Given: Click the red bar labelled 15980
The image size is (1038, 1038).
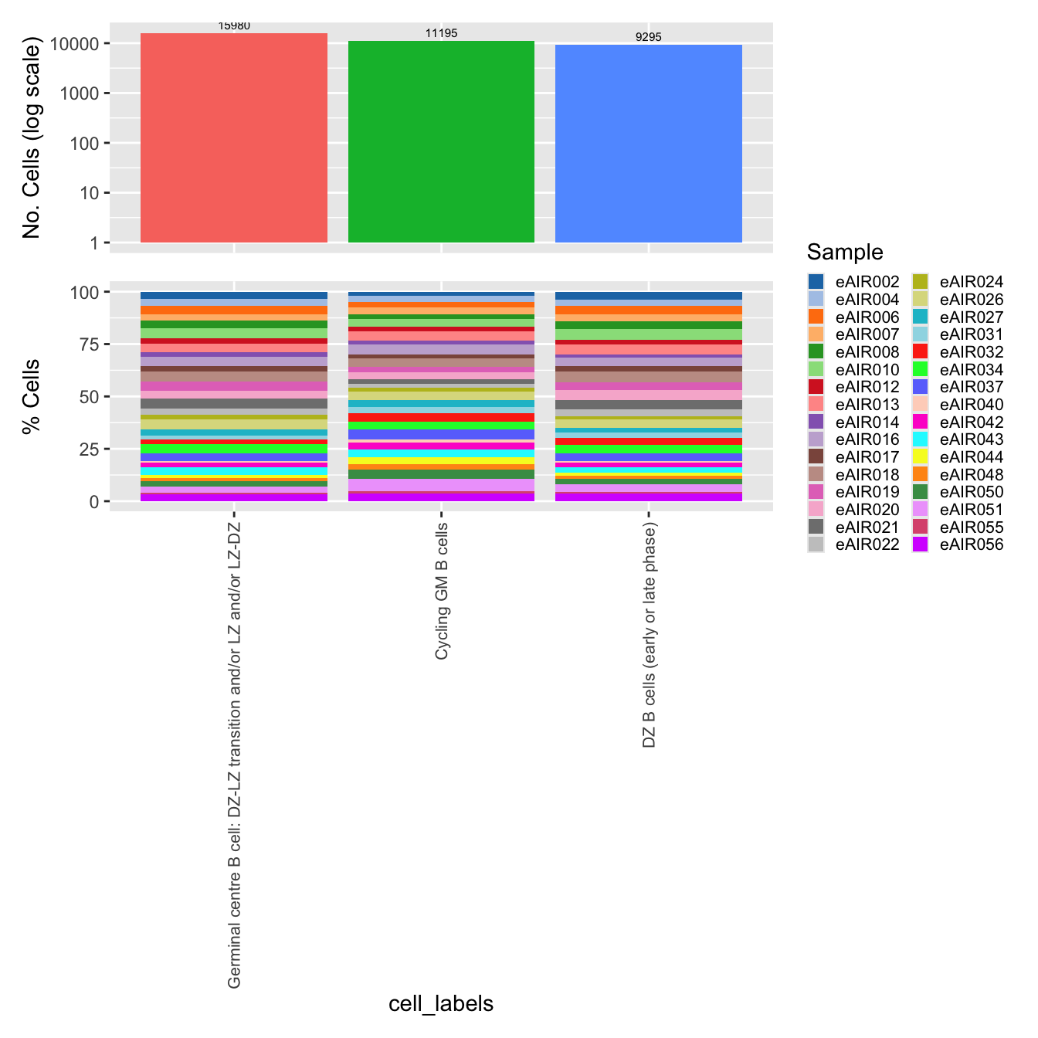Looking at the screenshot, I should [x=234, y=139].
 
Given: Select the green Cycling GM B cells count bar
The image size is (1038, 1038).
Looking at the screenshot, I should [x=441, y=143].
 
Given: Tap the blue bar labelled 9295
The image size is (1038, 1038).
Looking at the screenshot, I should [x=649, y=144].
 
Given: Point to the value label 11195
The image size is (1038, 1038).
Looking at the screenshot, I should [x=441, y=33].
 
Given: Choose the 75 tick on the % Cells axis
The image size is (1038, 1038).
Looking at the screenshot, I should [x=89, y=344].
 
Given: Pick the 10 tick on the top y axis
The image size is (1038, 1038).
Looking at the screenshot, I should [x=90, y=193].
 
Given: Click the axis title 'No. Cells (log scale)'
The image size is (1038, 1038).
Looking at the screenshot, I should [x=32, y=141].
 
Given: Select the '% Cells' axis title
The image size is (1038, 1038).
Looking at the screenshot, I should [x=32, y=396].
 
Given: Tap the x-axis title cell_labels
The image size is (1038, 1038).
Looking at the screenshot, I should [x=441, y=1003].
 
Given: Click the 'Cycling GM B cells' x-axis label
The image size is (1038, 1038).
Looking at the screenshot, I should [x=442, y=592].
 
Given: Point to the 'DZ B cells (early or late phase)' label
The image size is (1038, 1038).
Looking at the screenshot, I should [x=650, y=636].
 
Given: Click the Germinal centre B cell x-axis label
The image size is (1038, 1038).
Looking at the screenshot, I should [x=235, y=755].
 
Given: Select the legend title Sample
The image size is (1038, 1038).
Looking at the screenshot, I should [x=845, y=252].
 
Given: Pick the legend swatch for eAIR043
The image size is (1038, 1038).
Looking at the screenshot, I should [x=921, y=439].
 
